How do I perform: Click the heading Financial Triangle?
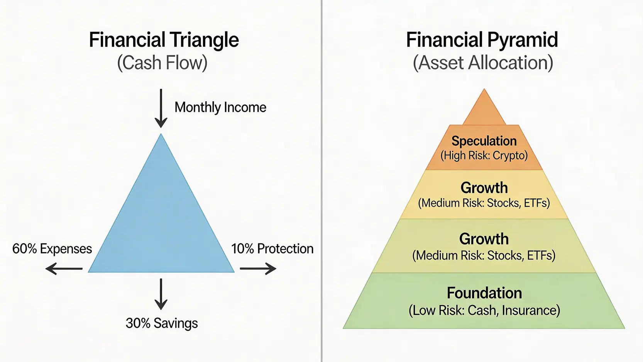point(164,40)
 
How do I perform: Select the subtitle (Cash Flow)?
point(162,63)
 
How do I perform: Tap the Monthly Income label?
point(220,107)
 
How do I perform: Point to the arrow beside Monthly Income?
point(161,108)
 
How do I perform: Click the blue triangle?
point(161,224)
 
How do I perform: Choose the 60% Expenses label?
point(52,249)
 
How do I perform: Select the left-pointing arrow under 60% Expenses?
point(64,269)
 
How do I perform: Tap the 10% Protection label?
point(272,249)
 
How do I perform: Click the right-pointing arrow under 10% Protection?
point(258,269)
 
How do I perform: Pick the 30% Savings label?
point(162,323)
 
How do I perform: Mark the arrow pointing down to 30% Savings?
point(161,294)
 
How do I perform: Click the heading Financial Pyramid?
point(482,40)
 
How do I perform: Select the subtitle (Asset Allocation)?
point(483,63)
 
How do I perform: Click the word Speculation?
point(484,141)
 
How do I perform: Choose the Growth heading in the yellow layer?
point(484,188)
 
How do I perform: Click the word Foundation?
point(484,293)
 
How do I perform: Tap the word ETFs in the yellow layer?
point(537,204)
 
